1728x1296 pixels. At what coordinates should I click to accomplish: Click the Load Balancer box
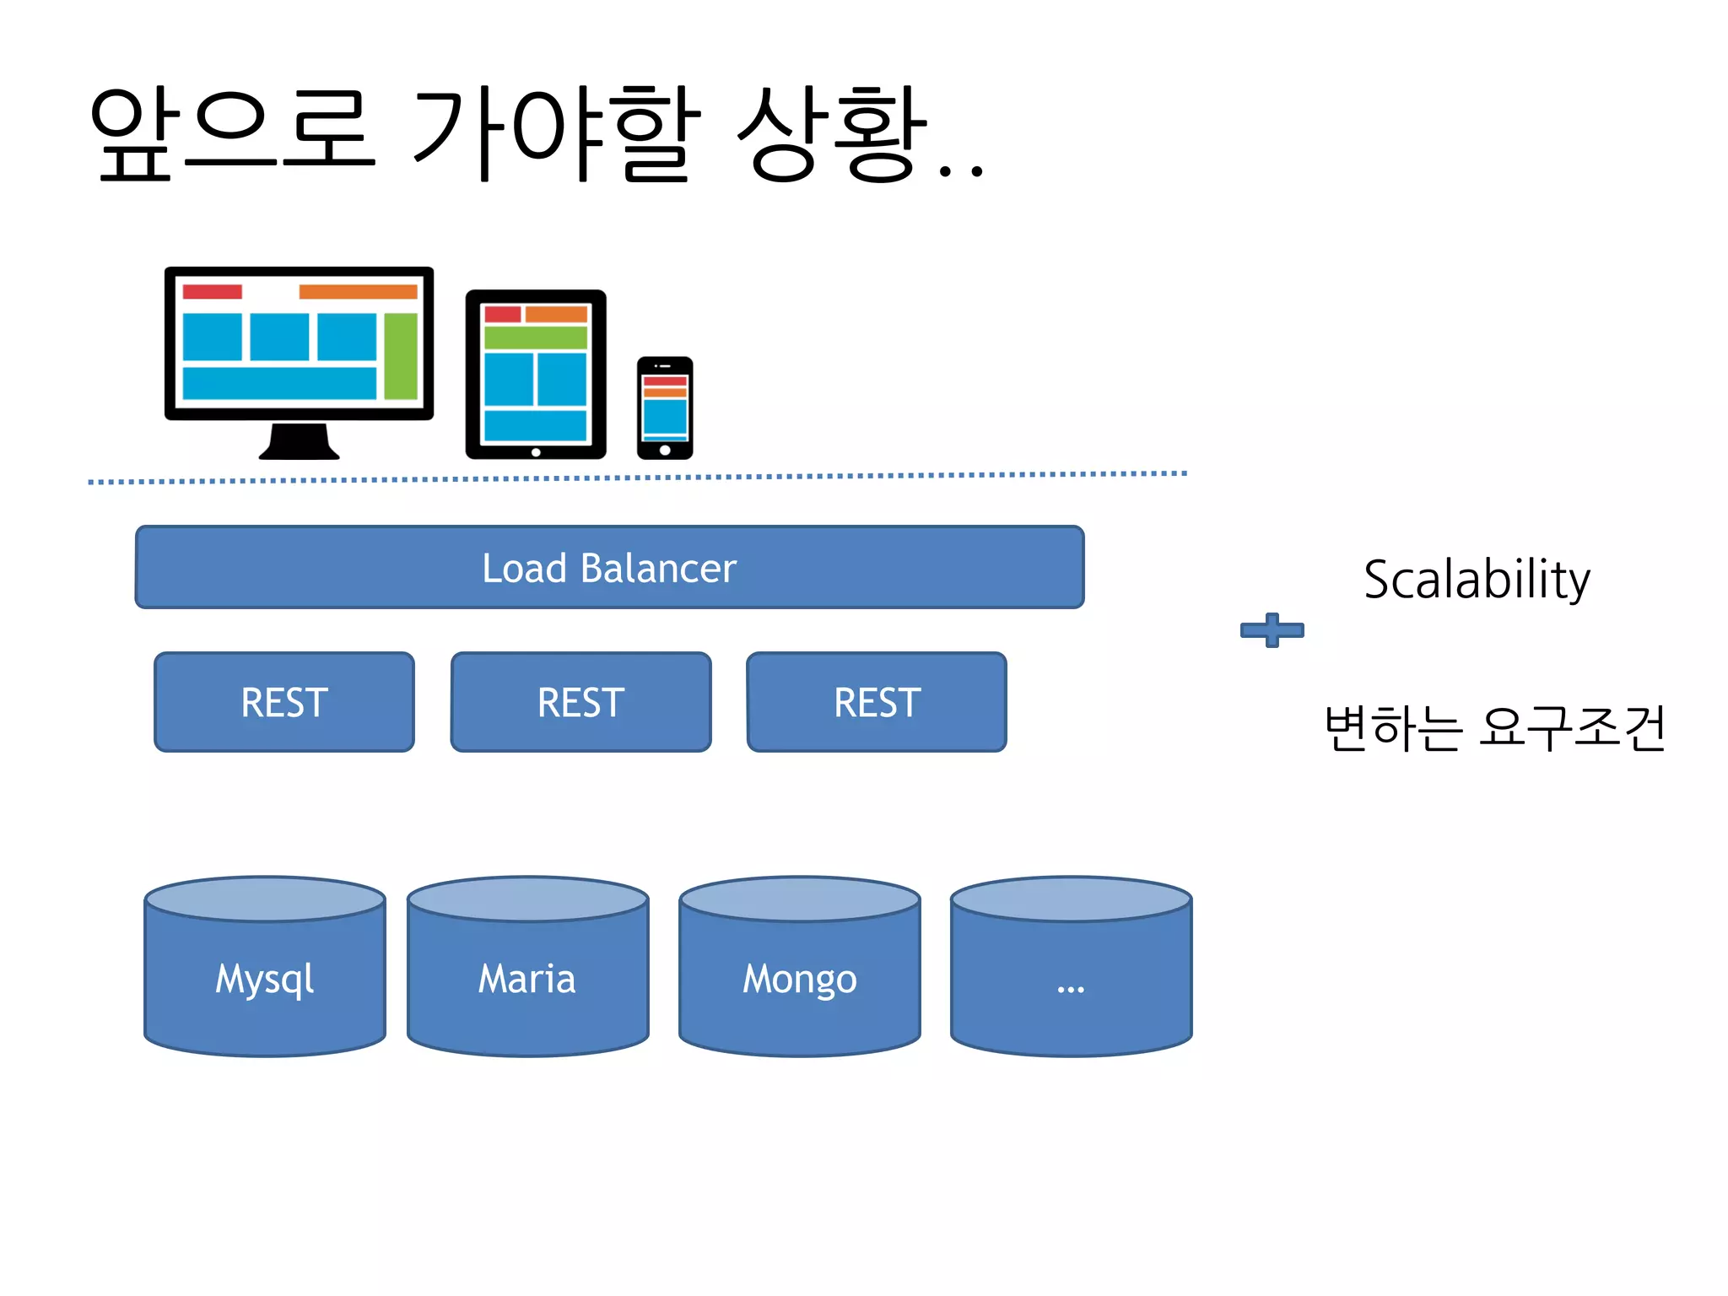609,567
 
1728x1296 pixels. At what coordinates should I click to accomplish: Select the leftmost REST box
284,702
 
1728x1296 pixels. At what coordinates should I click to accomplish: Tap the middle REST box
581,702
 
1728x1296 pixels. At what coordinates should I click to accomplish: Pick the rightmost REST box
877,702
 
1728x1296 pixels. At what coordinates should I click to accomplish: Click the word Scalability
1477,580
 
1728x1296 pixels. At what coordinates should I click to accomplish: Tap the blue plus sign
1272,629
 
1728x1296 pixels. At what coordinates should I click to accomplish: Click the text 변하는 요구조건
1494,727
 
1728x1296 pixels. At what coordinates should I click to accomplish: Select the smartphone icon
665,408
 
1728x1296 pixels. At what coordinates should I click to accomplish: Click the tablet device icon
536,374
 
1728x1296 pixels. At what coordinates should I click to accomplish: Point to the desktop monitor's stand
299,441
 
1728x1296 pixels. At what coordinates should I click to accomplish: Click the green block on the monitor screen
401,355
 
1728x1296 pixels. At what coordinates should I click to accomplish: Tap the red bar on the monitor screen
212,292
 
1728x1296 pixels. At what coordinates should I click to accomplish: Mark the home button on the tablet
536,452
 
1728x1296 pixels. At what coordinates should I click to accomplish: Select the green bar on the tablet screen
536,337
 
